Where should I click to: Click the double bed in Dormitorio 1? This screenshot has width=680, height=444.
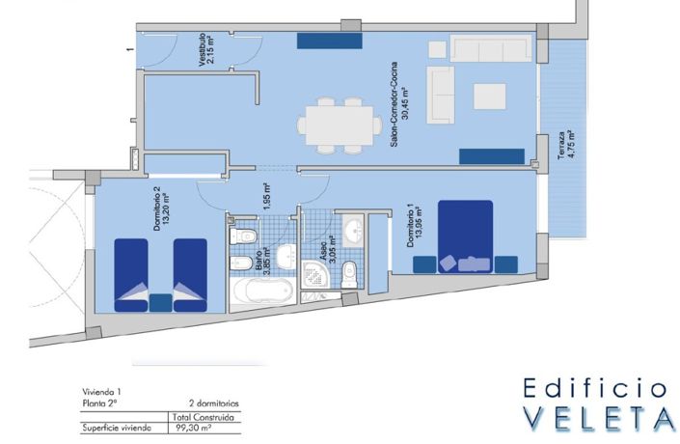point(465,236)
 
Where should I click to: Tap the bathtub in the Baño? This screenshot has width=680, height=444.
point(261,291)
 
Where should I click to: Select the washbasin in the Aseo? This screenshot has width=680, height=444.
point(355,231)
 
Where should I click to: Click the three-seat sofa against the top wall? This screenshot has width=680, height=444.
point(490,48)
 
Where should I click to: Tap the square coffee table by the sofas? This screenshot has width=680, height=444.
point(489,96)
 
